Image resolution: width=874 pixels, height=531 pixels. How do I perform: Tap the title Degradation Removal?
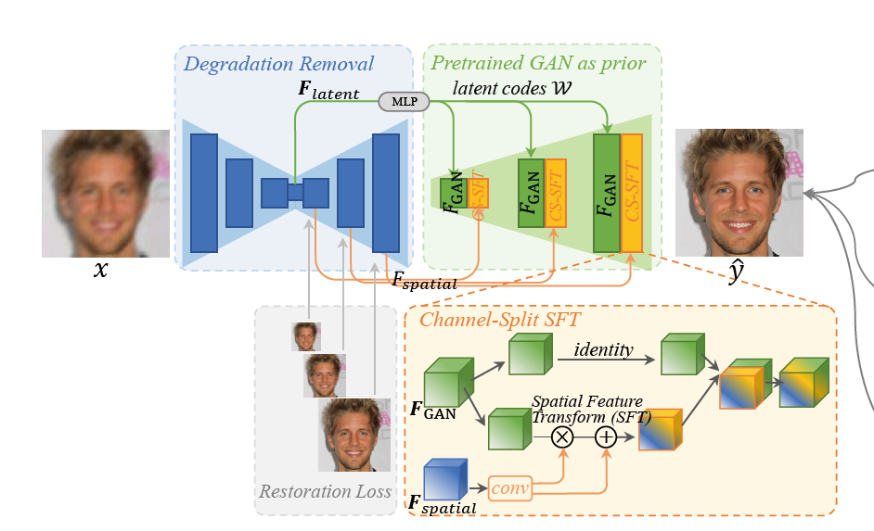[278, 64]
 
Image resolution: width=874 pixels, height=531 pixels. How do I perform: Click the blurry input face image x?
[106, 193]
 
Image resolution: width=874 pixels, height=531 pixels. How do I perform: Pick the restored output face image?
[739, 193]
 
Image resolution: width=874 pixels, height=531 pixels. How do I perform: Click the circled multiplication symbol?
[561, 436]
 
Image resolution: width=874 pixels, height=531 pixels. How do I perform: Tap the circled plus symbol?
[605, 436]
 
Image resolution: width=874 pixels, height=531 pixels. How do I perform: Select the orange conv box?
[508, 486]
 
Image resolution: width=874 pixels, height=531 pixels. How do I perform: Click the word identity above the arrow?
[603, 349]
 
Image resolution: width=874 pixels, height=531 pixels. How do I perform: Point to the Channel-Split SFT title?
[500, 321]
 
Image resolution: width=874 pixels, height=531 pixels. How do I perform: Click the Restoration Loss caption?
[325, 491]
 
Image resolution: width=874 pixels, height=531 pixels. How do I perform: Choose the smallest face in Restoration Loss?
[306, 336]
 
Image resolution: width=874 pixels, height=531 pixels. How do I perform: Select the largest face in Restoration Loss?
[355, 435]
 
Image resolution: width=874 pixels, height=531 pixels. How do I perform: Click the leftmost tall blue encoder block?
[204, 193]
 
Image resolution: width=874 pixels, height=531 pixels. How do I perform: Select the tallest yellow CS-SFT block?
[632, 193]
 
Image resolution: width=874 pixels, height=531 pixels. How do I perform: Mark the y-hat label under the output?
[735, 272]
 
